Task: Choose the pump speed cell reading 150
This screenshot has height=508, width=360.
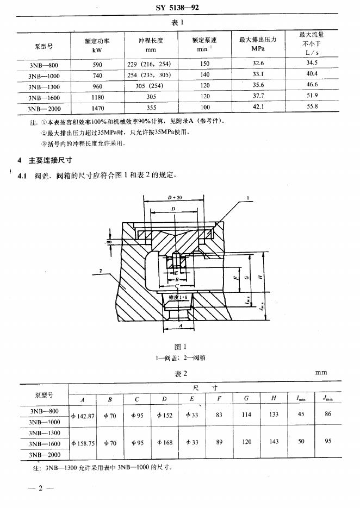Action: [204, 64]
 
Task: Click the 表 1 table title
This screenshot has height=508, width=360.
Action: [179, 23]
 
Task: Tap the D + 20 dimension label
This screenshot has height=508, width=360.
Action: [175, 197]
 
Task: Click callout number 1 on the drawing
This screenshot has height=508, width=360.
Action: [247, 198]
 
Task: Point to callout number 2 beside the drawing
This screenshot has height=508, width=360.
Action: [102, 269]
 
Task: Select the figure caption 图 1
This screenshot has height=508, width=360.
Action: [180, 347]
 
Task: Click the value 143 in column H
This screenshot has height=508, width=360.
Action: [274, 442]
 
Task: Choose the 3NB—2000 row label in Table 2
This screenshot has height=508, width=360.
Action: [45, 454]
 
